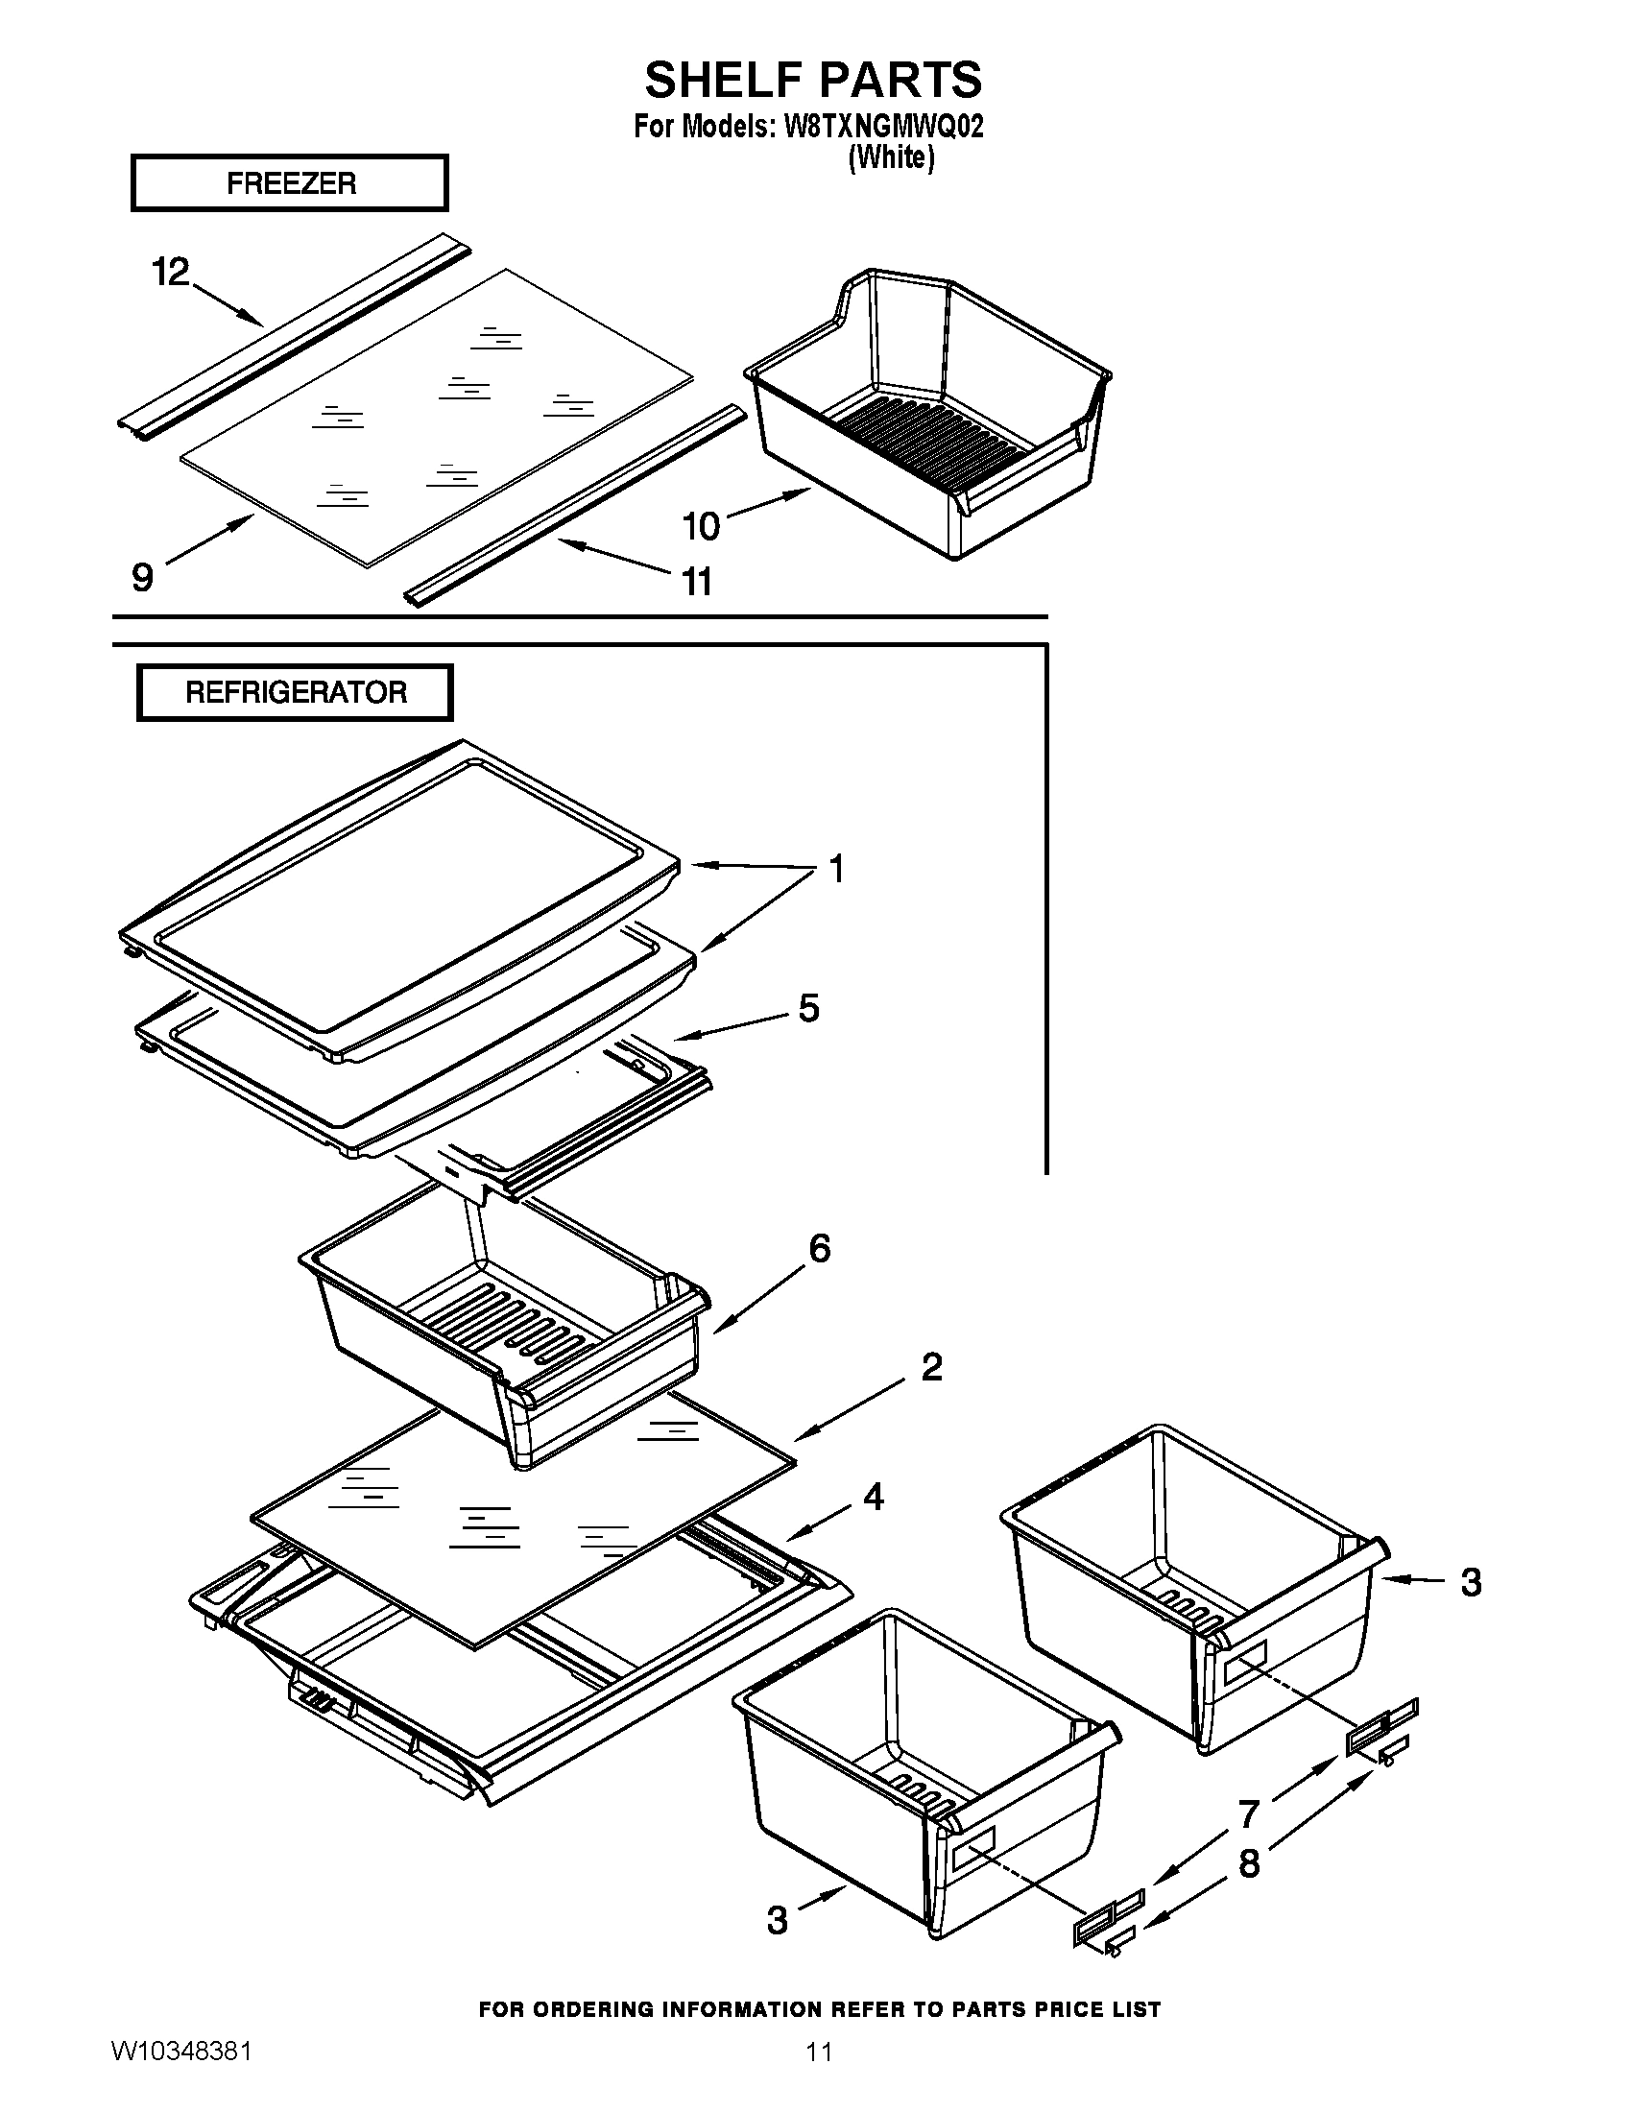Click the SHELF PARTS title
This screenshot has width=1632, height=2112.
click(x=813, y=80)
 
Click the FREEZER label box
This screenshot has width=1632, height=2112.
click(x=290, y=182)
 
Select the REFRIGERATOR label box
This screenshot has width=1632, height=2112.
click(x=295, y=692)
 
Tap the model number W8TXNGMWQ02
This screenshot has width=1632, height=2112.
click(x=878, y=128)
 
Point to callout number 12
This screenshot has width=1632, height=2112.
click(x=170, y=273)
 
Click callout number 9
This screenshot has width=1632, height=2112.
click(x=142, y=577)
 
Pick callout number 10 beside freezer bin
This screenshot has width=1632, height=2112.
click(x=702, y=526)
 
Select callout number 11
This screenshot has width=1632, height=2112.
click(x=697, y=582)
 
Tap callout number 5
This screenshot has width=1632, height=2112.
click(x=808, y=1008)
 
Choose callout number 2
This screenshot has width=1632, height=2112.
click(x=931, y=1366)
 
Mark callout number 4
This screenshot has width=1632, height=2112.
click(x=873, y=1497)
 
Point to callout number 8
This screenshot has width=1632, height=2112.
click(x=1249, y=1861)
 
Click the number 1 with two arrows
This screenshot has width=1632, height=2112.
click(x=837, y=869)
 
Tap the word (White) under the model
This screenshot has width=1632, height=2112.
click(x=891, y=157)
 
